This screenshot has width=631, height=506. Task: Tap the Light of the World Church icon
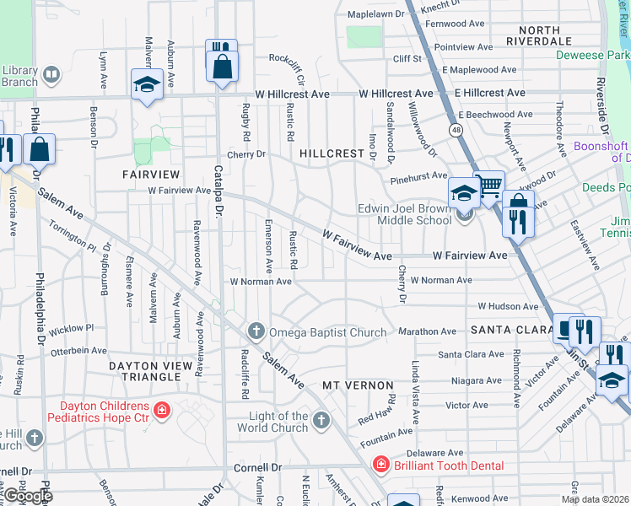tap(321, 420)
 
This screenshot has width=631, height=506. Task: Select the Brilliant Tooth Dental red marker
tap(381, 466)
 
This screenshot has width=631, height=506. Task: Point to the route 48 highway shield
tap(456, 130)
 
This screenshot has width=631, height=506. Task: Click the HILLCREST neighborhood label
tap(331, 154)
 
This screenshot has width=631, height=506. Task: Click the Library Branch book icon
tap(51, 76)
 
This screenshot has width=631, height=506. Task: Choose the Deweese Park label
tap(592, 55)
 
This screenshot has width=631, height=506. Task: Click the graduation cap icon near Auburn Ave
tap(147, 84)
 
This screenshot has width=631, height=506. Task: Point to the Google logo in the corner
tap(27, 496)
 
